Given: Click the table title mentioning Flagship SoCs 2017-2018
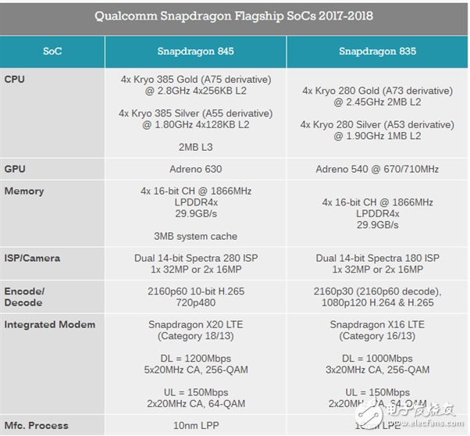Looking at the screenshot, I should coord(234,16).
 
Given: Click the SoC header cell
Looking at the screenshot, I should coord(52,52).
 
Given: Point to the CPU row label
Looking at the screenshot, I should coord(16,79).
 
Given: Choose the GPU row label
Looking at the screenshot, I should coord(16,168).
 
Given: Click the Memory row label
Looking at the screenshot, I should coord(24,191).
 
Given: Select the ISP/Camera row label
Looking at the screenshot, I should coord(32,258).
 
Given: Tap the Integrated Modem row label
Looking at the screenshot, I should coord(50,324).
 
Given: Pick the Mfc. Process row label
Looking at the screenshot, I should coord(37,425).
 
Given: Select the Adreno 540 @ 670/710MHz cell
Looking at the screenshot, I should coord(376,169).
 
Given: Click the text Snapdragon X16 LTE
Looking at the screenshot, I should coord(376,324).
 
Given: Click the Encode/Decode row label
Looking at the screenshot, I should coord(26,297).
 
